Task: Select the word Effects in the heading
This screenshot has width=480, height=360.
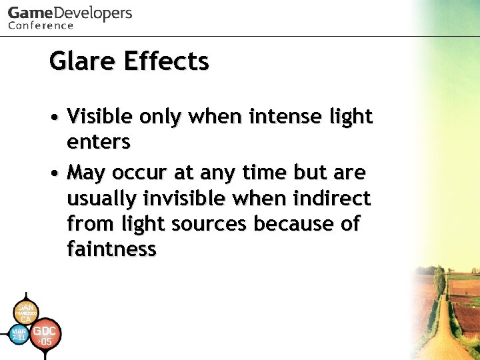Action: (166, 61)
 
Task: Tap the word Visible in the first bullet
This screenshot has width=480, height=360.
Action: (101, 117)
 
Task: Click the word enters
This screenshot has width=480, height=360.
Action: (98, 141)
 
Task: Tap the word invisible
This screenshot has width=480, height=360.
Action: (199, 199)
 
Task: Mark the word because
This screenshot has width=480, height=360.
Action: (292, 224)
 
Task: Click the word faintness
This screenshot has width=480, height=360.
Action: (111, 249)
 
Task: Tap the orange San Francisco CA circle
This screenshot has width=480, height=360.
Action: (25, 311)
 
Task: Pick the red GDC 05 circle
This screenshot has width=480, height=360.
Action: (45, 335)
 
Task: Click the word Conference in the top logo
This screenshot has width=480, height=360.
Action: (41, 25)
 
